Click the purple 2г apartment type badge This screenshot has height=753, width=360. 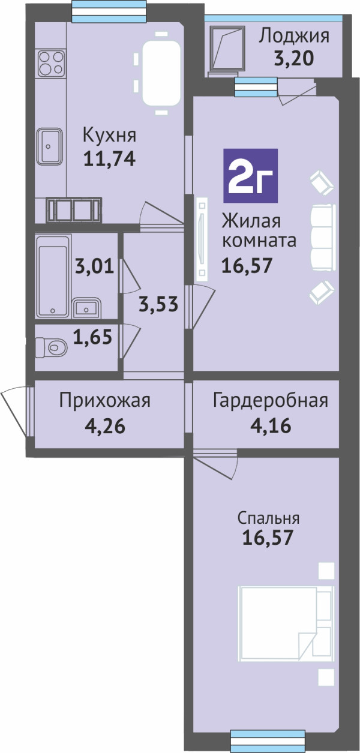point(250,175)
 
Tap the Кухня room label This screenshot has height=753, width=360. point(110,136)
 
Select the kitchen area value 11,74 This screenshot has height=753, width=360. point(110,158)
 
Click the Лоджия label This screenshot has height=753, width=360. point(294,36)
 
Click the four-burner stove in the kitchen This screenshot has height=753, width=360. point(51,63)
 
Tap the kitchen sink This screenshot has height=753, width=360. point(49,146)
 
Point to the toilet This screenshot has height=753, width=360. point(52,346)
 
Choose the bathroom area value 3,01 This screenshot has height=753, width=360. point(94,266)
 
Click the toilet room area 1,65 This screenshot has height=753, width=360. point(92,337)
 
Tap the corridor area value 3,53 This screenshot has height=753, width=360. point(158,304)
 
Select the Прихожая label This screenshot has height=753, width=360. point(105,401)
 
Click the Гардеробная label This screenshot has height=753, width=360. point(271,401)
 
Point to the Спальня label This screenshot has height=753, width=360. point(268,518)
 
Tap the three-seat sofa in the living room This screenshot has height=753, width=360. point(323,237)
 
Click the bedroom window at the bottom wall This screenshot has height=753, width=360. point(268,740)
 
